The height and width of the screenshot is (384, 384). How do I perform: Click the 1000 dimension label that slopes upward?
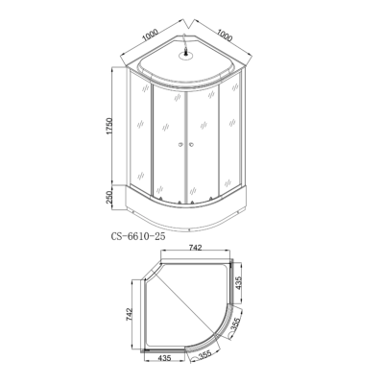151,36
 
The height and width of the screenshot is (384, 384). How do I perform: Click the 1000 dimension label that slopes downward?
225,36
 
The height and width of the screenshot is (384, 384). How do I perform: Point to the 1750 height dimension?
109,126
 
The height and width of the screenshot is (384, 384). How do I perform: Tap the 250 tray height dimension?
109,197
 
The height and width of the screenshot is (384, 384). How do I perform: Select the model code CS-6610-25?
138,236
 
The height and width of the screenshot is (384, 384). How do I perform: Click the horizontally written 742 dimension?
195,248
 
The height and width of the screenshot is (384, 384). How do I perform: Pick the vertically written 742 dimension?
129,315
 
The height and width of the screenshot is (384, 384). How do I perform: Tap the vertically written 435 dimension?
238,283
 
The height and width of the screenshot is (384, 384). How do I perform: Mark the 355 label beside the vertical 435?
236,325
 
